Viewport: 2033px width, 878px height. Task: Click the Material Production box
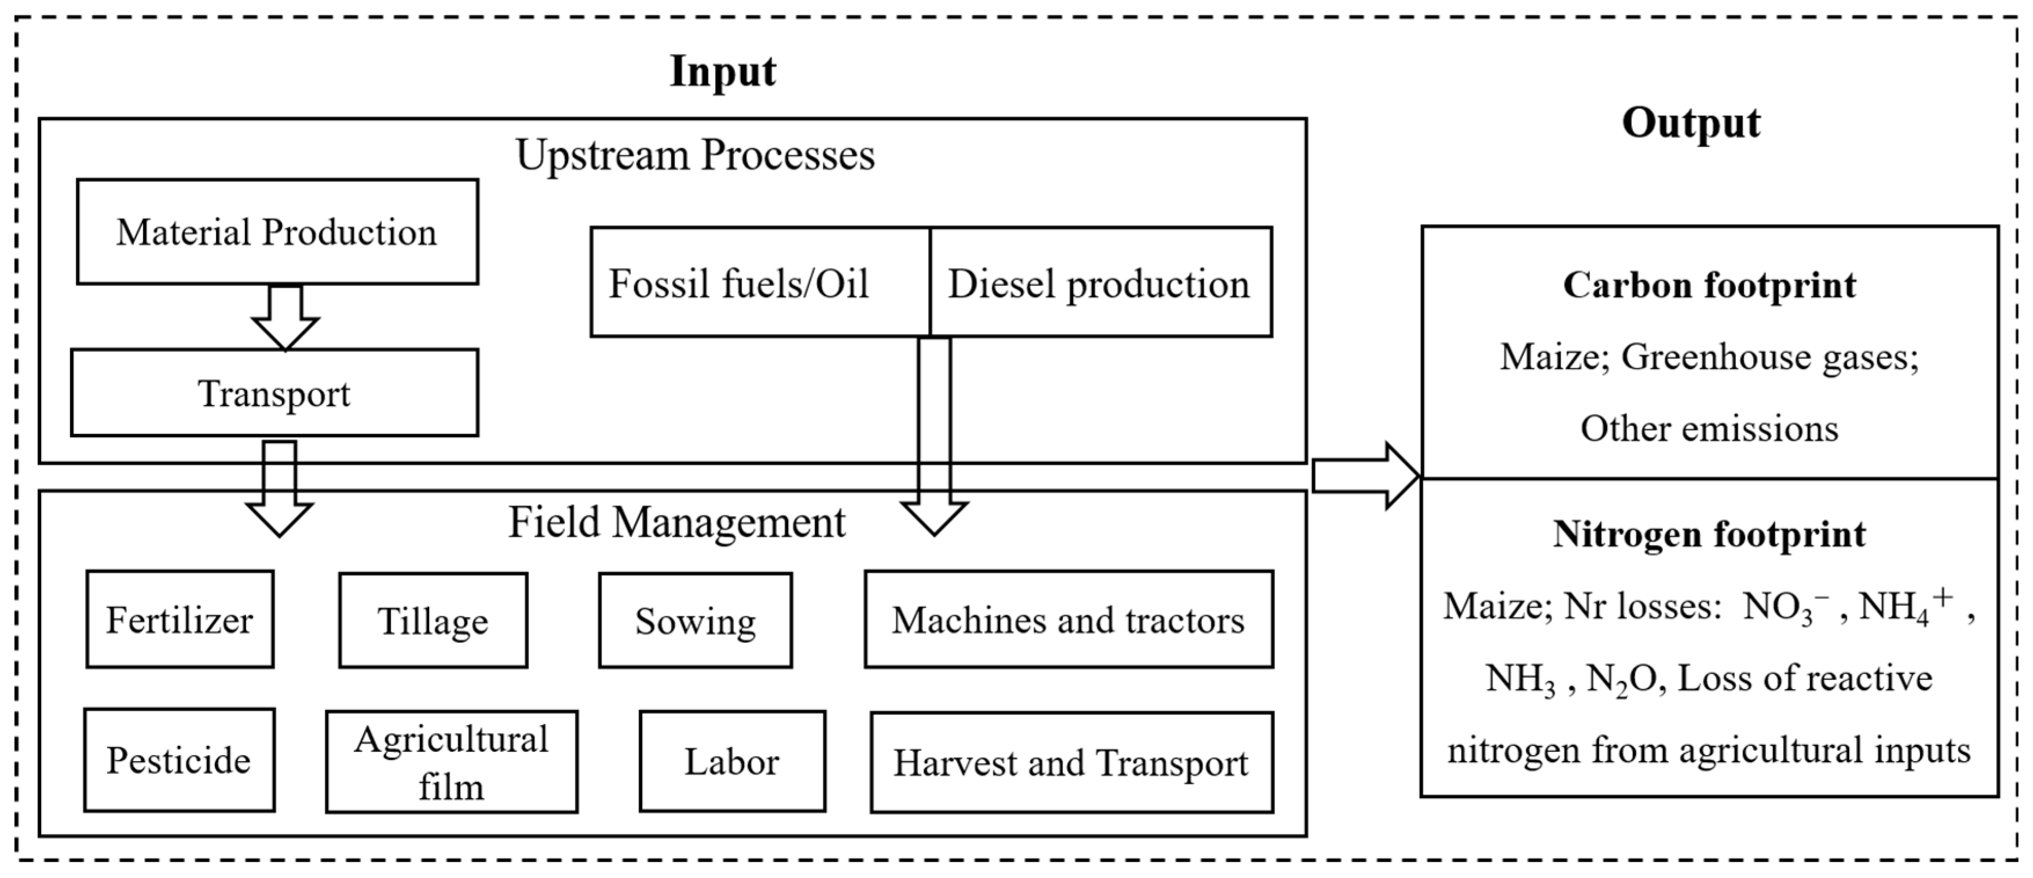click(277, 231)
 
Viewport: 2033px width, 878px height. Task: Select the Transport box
click(274, 393)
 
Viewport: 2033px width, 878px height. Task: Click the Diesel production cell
click(1100, 283)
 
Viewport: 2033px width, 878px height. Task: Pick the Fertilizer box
click(180, 620)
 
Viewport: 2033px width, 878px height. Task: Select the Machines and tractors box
click(1068, 620)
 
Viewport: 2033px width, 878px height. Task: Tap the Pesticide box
click(179, 760)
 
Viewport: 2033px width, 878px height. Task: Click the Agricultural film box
click(452, 762)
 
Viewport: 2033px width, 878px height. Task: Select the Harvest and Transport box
click(1072, 763)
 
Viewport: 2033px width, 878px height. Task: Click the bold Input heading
click(723, 71)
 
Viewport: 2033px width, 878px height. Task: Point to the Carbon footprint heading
click(1709, 285)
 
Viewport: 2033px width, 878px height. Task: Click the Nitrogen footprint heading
click(1709, 535)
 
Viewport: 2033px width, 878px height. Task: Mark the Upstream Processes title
click(695, 155)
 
